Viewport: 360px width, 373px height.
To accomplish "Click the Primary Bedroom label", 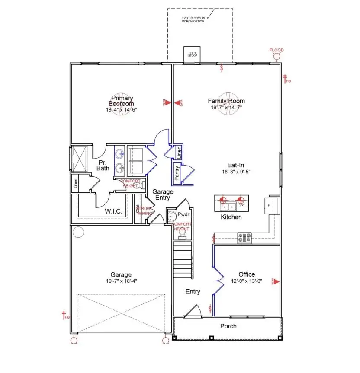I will [122, 101].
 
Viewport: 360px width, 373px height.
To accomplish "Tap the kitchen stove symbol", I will [244, 237].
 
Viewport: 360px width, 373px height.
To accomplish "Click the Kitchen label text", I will [231, 217].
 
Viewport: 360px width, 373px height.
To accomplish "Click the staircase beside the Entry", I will [182, 261].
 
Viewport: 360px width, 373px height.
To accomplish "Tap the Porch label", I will [228, 326].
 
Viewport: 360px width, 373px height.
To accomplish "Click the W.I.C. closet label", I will [113, 212].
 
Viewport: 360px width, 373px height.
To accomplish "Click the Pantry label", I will [177, 172].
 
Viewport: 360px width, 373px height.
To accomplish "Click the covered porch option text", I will [194, 19].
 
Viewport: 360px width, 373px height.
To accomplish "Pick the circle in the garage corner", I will [78, 233].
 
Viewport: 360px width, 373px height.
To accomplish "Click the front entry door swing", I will [193, 311].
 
